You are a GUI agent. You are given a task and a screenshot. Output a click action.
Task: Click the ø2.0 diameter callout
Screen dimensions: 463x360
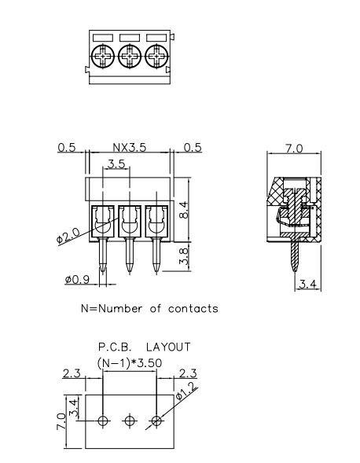pyautogui.click(x=68, y=237)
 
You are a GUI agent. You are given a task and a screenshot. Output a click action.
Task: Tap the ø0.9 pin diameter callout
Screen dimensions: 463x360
pyautogui.click(x=77, y=279)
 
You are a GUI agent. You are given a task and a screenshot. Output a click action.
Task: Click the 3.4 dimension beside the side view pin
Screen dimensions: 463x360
pyautogui.click(x=307, y=283)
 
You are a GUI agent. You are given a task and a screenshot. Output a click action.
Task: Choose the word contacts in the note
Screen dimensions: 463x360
pyautogui.click(x=189, y=308)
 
